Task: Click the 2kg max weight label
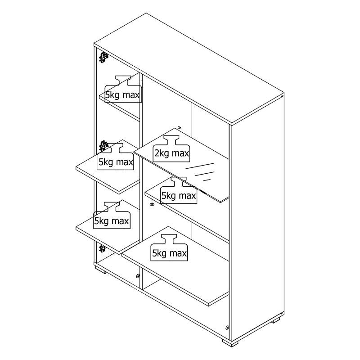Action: pyautogui.click(x=172, y=153)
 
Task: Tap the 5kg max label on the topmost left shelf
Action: pyautogui.click(x=122, y=95)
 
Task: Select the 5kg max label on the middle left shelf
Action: pyautogui.click(x=116, y=162)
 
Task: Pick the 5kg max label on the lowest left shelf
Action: pyautogui.click(x=112, y=221)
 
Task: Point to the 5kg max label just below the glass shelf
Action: pyautogui.click(x=179, y=196)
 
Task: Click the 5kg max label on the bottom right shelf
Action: pyautogui.click(x=170, y=253)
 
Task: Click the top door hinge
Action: pyautogui.click(x=103, y=57)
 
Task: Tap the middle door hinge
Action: pyautogui.click(x=103, y=146)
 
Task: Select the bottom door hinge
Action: pyautogui.click(x=102, y=249)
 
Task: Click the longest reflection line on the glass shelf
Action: pyautogui.click(x=200, y=166)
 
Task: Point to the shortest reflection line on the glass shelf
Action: pyautogui.click(x=207, y=180)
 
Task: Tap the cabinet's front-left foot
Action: pyautogui.click(x=101, y=271)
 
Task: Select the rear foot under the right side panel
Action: pyautogui.click(x=276, y=320)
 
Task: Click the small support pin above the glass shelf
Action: pyautogui.click(x=179, y=127)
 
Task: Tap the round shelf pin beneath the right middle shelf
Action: pyautogui.click(x=152, y=204)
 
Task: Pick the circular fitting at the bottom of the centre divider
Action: pyautogui.click(x=138, y=276)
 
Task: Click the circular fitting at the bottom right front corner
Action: pyautogui.click(x=227, y=328)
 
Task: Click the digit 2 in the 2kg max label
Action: pyautogui.click(x=157, y=153)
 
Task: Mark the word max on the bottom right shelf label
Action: pyautogui.click(x=178, y=254)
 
